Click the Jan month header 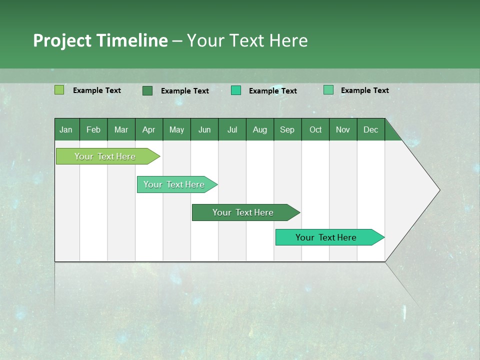click(x=66, y=129)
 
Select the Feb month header click(x=93, y=129)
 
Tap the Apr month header click(x=148, y=129)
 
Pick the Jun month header click(x=204, y=129)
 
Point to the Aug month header click(x=259, y=129)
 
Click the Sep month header click(x=287, y=129)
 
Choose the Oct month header click(x=315, y=129)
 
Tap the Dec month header click(x=370, y=129)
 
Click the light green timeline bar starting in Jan click(x=105, y=156)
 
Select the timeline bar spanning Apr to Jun click(x=174, y=184)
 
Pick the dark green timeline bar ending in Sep click(x=243, y=212)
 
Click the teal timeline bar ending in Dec click(x=326, y=237)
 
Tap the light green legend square click(x=59, y=90)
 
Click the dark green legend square click(x=147, y=90)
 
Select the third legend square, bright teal click(x=236, y=90)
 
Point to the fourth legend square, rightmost click(x=328, y=90)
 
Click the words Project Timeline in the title click(x=100, y=40)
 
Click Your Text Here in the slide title click(x=247, y=40)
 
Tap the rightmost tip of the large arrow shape click(x=438, y=190)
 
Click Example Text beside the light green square click(x=97, y=90)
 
